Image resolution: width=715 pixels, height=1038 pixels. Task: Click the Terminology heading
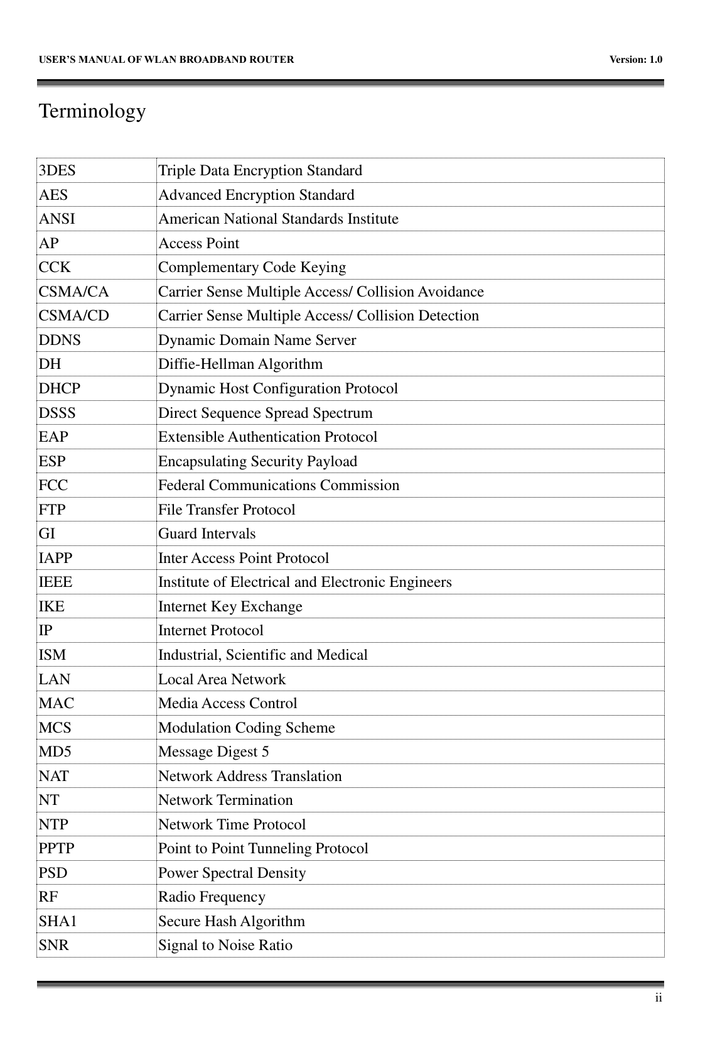pos(92,112)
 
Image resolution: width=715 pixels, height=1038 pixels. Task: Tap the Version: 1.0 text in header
pos(636,60)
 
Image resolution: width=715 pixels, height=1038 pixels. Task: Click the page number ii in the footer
pos(657,998)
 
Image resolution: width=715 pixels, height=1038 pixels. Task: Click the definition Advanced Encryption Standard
pos(256,195)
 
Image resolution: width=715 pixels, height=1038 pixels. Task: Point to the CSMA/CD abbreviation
pos(73,316)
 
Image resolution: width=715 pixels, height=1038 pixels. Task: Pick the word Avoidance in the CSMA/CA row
pos(451,292)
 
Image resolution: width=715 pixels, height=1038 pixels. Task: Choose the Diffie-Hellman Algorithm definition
pos(240,364)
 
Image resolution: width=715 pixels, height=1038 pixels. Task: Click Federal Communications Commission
pos(279,486)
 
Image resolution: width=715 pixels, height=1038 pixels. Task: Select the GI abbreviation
pos(47,534)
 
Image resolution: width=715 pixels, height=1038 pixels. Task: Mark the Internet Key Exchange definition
pos(230,607)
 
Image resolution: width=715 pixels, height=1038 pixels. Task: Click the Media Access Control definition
pos(228,704)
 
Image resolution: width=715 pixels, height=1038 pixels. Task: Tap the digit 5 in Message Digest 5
pos(266,752)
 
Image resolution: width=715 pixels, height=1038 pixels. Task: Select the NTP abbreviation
pos(54,824)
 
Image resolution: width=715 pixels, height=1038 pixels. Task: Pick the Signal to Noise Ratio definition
pos(225,946)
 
